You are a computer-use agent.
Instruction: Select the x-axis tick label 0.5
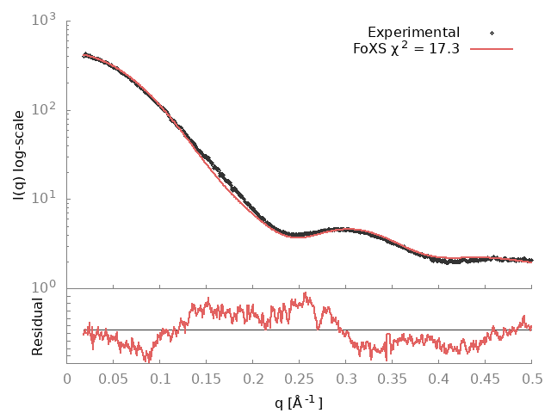pos(532,379)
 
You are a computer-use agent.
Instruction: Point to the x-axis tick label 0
pos(68,379)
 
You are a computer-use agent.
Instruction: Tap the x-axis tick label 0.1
pos(160,379)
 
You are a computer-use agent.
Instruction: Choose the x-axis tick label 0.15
pos(207,379)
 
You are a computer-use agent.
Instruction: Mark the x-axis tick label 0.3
pos(253,379)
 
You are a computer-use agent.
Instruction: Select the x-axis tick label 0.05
pos(114,379)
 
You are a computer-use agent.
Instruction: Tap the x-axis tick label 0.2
pos(253,379)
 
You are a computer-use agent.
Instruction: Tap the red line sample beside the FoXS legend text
pos(492,48)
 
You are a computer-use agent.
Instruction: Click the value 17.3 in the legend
pos(444,48)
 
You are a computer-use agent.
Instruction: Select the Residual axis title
pos(37,326)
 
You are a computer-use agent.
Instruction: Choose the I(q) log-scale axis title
pos(19,154)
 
